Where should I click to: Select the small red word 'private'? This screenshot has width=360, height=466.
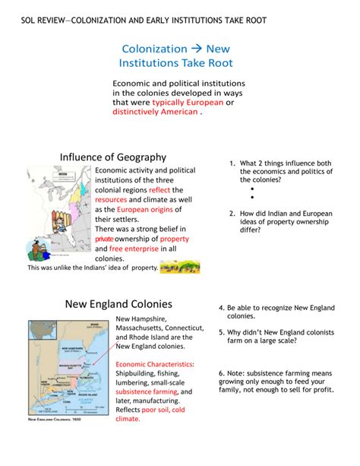[x=103, y=239]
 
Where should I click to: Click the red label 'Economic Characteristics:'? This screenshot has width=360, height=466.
[x=155, y=363]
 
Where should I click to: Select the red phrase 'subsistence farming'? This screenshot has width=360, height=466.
[x=150, y=392]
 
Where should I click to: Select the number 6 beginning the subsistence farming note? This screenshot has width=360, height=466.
[x=220, y=373]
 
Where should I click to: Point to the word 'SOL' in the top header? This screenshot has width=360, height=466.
[x=31, y=17]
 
